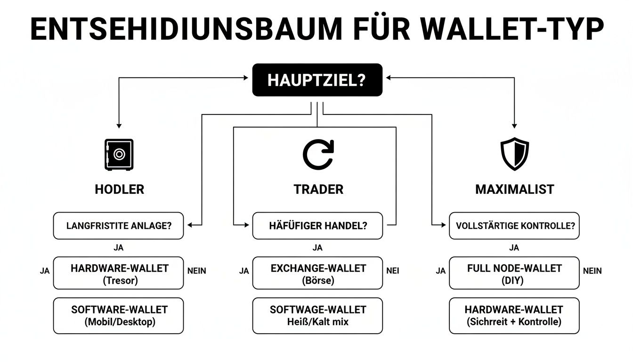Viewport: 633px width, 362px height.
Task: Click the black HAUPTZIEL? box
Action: click(x=317, y=80)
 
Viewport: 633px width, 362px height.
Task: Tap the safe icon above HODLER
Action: click(x=119, y=155)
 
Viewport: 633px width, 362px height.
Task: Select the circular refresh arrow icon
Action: click(x=318, y=155)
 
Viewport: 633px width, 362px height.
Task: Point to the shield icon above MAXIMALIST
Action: click(x=514, y=154)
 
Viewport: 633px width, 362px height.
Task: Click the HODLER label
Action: click(x=119, y=189)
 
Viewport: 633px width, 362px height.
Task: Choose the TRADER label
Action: click(x=318, y=189)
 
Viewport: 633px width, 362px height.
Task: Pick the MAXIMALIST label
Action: click(x=514, y=189)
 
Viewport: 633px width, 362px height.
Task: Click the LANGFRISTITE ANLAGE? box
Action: click(x=118, y=225)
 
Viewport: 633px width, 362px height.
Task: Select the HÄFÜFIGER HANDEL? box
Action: click(x=317, y=225)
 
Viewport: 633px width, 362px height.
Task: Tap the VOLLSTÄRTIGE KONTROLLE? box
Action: click(x=514, y=225)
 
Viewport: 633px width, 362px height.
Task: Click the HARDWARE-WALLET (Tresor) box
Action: click(x=118, y=273)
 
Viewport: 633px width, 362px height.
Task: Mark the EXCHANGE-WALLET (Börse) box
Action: click(x=317, y=273)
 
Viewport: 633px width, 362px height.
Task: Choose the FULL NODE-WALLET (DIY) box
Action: click(x=514, y=273)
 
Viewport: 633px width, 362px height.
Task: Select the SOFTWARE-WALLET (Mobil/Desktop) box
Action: click(x=118, y=315)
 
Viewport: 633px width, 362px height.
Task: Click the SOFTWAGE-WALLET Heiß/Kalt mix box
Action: click(x=317, y=315)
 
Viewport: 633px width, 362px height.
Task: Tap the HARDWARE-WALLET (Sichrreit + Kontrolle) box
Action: click(x=514, y=315)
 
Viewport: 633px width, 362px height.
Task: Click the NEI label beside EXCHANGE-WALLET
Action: click(x=393, y=271)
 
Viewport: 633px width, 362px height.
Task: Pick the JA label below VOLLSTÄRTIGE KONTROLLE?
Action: click(x=514, y=247)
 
